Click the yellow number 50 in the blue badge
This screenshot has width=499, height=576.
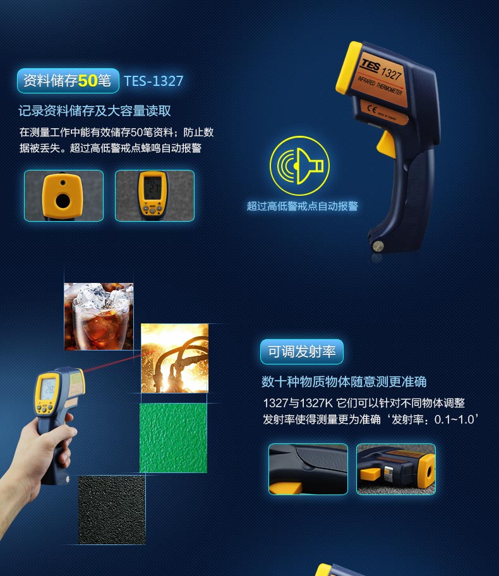[x=87, y=80]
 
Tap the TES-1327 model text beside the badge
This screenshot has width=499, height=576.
[x=153, y=81]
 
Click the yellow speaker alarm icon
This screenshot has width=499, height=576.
[x=299, y=165]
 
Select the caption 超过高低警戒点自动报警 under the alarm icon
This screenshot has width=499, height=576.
[x=303, y=206]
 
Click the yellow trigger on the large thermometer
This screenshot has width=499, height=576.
[x=387, y=145]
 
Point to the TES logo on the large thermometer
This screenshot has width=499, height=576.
[x=370, y=66]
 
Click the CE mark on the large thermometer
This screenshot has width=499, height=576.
[x=372, y=109]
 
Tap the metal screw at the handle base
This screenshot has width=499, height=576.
[x=378, y=246]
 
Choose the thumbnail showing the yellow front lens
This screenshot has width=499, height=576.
[x=64, y=196]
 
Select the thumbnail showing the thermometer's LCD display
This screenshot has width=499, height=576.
[x=155, y=196]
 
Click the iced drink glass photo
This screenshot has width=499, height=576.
[x=99, y=316]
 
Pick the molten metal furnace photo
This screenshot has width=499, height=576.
[x=174, y=358]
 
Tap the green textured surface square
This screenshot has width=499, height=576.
[x=173, y=438]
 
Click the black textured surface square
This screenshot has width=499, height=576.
[x=112, y=510]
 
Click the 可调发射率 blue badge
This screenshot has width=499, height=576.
[x=302, y=352]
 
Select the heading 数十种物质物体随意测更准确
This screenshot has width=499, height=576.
[x=344, y=381]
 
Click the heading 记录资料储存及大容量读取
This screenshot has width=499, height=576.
[x=95, y=111]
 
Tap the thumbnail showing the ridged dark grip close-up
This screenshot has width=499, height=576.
[x=308, y=469]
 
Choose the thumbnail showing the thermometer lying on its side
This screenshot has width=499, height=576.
[x=396, y=469]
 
